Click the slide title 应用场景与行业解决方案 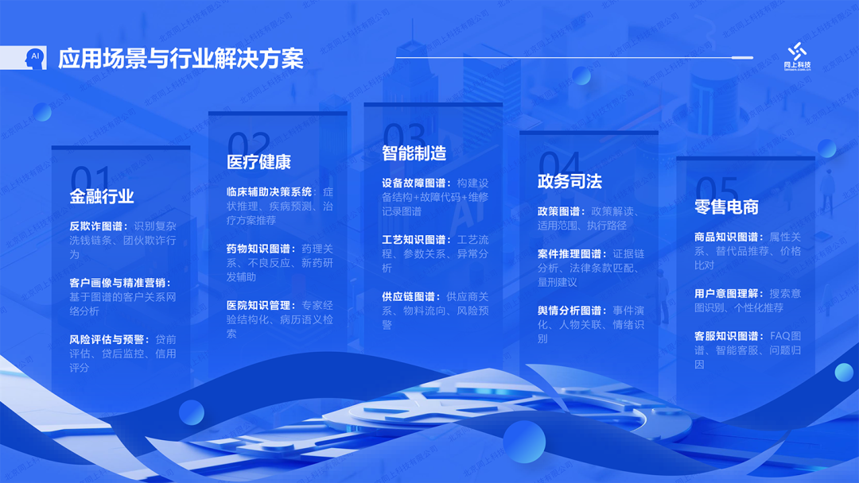[181, 59]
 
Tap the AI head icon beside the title [34, 58]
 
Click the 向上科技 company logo [797, 55]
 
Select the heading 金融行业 [102, 197]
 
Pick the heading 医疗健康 [258, 162]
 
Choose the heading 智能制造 [414, 153]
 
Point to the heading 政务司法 [569, 181]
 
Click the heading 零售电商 [726, 207]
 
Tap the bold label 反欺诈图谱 [95, 226]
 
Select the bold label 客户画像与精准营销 [119, 283]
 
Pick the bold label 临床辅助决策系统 [269, 191]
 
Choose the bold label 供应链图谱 [410, 296]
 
